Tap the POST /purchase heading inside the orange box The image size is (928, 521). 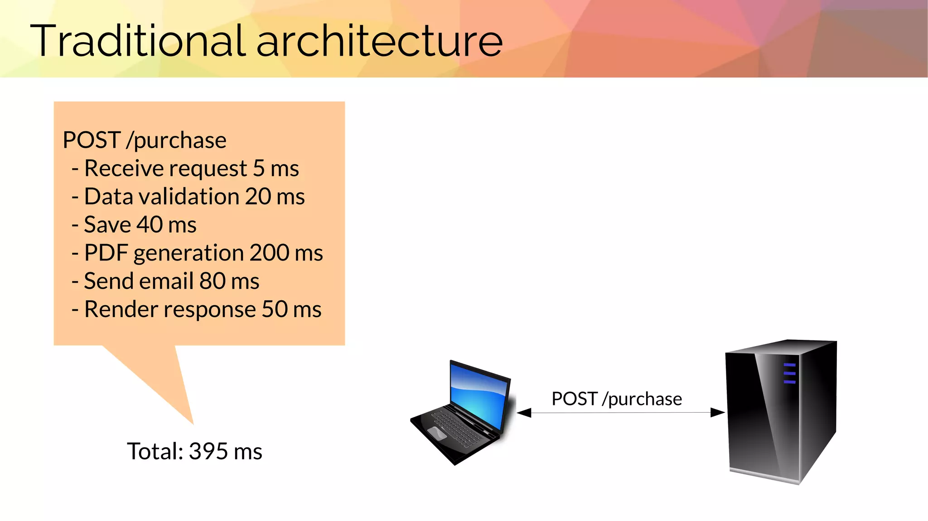tap(145, 140)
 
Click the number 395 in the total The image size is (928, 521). tap(208, 451)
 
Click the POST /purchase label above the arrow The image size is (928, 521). tap(616, 399)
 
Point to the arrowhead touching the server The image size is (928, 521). tap(718, 412)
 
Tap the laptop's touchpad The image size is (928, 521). tap(437, 433)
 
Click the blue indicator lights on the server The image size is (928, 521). tap(789, 373)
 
